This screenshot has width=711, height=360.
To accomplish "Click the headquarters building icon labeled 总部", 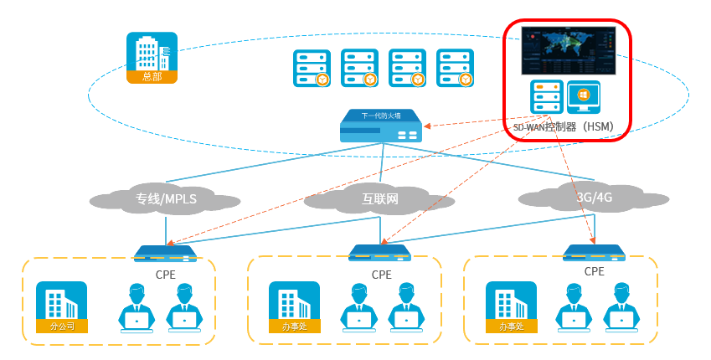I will point(152,57).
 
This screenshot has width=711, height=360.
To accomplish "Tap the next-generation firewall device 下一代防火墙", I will point(380,127).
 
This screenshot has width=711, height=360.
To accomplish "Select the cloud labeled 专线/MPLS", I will point(165,199).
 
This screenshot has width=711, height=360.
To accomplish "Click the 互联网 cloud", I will point(379,199).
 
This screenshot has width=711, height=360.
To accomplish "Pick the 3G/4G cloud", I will point(594,198).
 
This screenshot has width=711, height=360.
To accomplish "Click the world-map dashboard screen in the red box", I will point(568,50).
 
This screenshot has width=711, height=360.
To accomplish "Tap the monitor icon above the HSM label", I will point(583,97).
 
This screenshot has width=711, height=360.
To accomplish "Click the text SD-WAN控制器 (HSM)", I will point(563,127).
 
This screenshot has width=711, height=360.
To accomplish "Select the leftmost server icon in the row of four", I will point(312,68).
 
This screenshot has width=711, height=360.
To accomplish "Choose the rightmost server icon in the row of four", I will point(455,68).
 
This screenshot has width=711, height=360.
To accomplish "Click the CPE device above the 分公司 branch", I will point(165,253).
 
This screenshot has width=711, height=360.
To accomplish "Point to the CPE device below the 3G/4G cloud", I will point(594,252).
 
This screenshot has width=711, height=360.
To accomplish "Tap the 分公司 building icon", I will point(61,306).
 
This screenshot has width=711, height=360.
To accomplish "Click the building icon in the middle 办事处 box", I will point(294,306).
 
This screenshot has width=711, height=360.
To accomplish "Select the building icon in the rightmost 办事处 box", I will point(511,306).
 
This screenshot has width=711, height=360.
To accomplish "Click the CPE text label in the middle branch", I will point(381,274).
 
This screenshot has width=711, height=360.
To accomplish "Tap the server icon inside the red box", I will point(546,97).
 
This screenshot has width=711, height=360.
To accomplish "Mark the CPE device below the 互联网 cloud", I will point(379,252).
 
